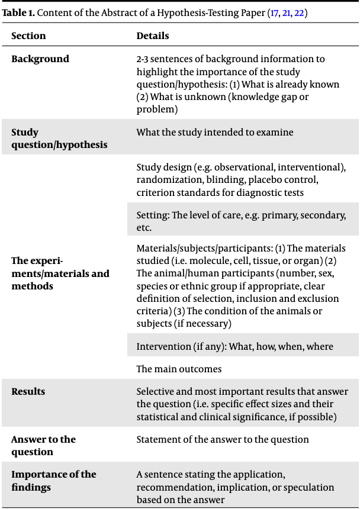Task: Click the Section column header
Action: coord(28,36)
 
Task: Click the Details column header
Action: coord(153,36)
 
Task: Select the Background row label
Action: coord(40,59)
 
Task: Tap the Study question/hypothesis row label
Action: coord(59,138)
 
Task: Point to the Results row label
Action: coord(28,392)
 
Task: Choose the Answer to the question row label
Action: coord(43,446)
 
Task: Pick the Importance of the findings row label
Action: coord(53,481)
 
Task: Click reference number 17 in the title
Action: coord(275,12)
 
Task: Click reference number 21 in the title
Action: coord(288,12)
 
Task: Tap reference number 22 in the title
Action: coord(301,12)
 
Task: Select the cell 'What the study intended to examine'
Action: coord(215,133)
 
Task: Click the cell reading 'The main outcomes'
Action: coord(179,369)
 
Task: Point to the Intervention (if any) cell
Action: coord(234,347)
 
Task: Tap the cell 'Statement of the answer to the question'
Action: coord(223,440)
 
